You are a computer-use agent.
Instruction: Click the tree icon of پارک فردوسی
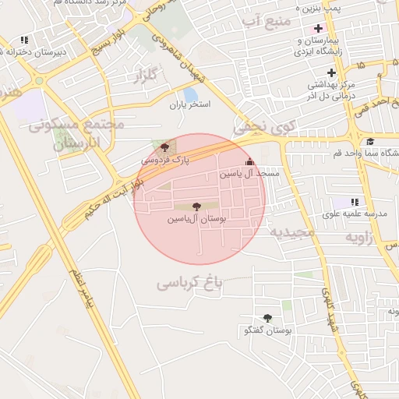[164, 147]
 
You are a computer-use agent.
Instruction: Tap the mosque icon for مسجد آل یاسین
[249, 162]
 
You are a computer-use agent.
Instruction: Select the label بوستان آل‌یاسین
[196, 220]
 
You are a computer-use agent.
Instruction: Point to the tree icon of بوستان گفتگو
[267, 318]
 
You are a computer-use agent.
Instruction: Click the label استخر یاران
[190, 104]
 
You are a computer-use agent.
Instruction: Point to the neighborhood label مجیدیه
[293, 232]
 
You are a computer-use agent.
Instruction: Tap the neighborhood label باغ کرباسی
[189, 282]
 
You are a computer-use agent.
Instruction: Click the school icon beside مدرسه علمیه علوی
[356, 202]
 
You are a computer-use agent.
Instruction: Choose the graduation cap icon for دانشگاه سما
[370, 142]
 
